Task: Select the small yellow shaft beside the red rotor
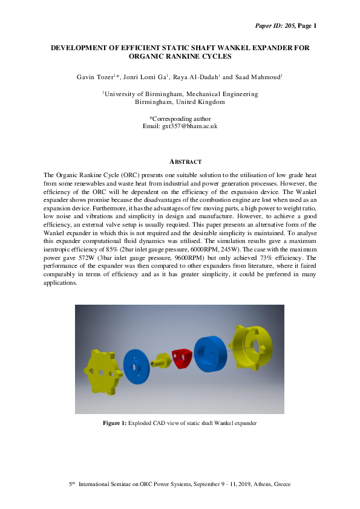coord(162,361)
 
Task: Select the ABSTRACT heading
coord(180,161)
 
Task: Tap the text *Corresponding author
coord(180,118)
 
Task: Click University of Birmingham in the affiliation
coord(140,94)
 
